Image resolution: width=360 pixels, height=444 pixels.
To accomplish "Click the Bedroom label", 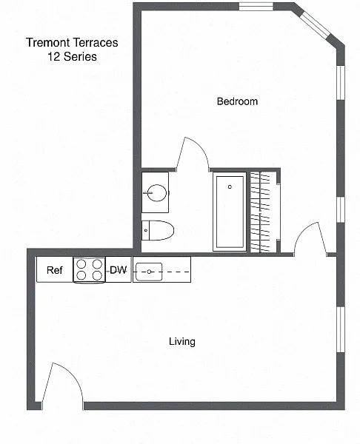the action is (x=237, y=101).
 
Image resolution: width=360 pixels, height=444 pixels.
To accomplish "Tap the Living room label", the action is (x=182, y=341).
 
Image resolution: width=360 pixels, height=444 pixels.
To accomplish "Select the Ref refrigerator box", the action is (x=55, y=269).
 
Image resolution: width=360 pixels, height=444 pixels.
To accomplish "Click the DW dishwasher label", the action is (x=119, y=270).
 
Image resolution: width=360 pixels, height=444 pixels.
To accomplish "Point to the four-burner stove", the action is (x=90, y=269).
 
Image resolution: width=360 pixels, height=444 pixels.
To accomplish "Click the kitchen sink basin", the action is (x=149, y=272).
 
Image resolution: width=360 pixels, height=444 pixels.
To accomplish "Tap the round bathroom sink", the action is (x=157, y=193).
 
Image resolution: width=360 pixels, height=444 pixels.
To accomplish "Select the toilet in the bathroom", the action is (x=158, y=230).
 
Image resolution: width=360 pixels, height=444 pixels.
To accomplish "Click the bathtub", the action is (x=230, y=212).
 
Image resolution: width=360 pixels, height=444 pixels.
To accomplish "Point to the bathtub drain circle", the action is (x=230, y=187).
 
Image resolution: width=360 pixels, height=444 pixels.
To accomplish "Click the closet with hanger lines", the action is (x=264, y=212).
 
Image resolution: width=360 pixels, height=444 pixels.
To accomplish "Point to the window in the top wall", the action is (x=256, y=7).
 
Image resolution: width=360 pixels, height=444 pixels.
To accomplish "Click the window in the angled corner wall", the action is (x=315, y=24).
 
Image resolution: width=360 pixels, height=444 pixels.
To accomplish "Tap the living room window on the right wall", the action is (x=341, y=329).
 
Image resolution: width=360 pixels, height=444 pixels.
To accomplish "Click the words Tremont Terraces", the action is (x=72, y=42).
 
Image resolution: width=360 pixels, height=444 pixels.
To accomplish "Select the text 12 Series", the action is (x=72, y=57).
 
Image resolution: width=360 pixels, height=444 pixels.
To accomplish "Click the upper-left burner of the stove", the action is (x=81, y=264).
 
